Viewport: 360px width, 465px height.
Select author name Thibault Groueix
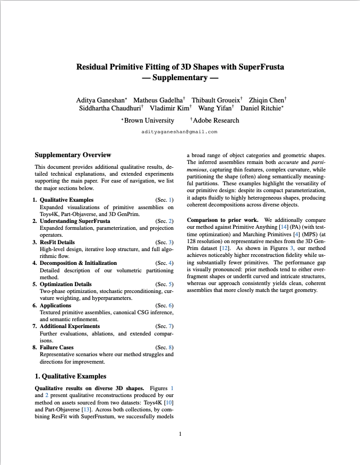tap(215, 100)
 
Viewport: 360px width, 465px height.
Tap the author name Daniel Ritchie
tap(261, 108)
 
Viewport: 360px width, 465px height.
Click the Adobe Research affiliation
tap(216, 120)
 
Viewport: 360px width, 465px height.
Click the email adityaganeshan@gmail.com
tap(179, 132)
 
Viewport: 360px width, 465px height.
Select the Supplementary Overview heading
tap(73, 155)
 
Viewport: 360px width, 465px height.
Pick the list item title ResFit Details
tap(59, 242)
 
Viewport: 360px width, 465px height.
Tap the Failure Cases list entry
tap(57, 347)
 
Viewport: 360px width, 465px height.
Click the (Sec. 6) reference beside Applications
tap(164, 305)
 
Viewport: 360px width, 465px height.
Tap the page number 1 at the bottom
tap(180, 435)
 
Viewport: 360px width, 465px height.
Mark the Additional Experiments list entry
tap(70, 326)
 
